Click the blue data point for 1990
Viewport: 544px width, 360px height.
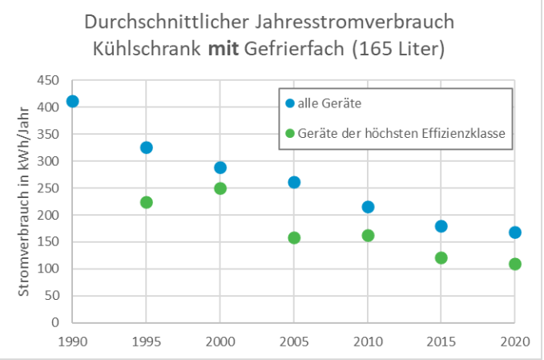point(72,101)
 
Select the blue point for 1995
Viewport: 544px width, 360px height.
point(146,148)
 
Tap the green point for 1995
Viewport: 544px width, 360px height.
point(146,202)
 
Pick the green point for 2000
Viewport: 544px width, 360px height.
point(220,188)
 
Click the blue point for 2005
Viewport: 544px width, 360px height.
point(294,182)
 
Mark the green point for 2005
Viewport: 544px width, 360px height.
point(294,238)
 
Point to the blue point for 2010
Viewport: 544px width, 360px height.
point(368,207)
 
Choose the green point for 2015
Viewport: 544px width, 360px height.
point(441,258)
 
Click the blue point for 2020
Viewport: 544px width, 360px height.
point(515,233)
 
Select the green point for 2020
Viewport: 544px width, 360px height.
point(515,264)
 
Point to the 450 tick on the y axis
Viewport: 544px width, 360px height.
point(50,80)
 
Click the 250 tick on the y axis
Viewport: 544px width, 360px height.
point(50,188)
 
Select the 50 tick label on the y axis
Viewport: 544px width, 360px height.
point(53,296)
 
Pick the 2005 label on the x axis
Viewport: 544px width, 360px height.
point(294,340)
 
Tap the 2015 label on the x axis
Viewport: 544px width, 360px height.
point(441,340)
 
